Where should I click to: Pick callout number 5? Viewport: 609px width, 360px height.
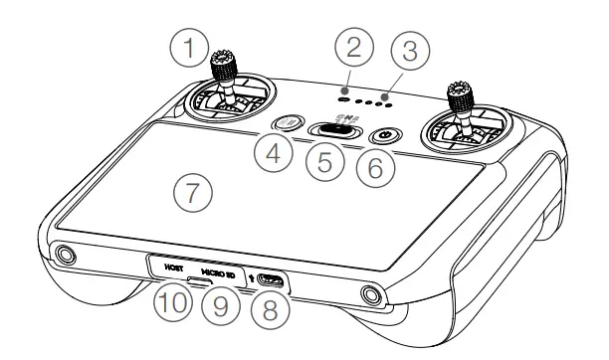coord(327,163)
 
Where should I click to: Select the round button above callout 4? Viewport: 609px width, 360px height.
coord(288,124)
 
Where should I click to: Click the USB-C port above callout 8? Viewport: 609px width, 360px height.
coord(269,281)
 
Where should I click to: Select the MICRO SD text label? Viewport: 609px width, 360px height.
coord(218,270)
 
